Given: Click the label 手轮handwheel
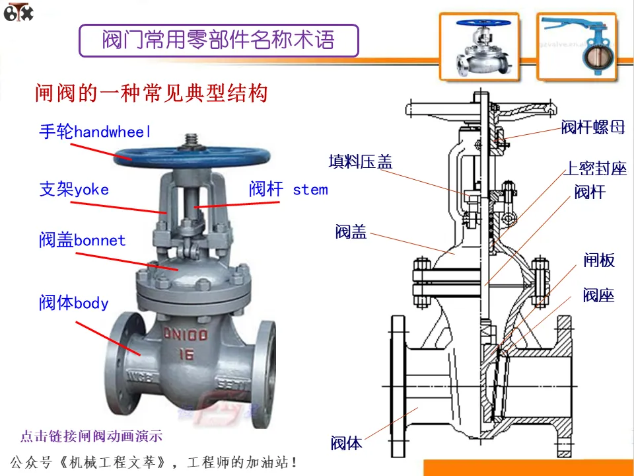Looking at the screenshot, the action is click(x=95, y=132).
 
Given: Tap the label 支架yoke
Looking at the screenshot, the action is click(x=74, y=190).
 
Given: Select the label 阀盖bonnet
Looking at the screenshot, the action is click(x=82, y=240).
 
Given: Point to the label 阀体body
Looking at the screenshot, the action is click(x=73, y=303).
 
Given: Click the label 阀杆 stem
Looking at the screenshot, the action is click(x=288, y=190).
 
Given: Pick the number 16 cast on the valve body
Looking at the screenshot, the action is click(x=186, y=355).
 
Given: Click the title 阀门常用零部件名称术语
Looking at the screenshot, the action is click(x=218, y=40).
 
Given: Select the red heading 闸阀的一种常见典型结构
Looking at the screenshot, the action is click(x=151, y=93).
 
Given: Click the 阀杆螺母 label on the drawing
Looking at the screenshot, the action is click(x=592, y=128).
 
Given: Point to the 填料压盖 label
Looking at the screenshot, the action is click(x=360, y=161).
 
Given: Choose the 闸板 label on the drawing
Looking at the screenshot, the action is click(x=598, y=260).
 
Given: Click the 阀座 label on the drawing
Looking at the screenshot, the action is click(x=598, y=295).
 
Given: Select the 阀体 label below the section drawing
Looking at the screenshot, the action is click(x=347, y=443).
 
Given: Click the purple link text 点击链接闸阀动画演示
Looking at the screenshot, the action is click(x=91, y=436).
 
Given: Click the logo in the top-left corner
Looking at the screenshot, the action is click(x=18, y=13).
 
